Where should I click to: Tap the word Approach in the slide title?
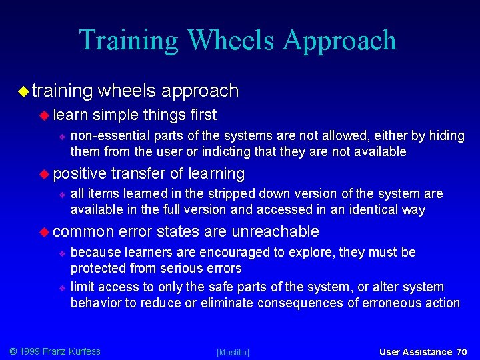tap(339, 41)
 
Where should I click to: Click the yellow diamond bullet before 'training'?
tap(23, 91)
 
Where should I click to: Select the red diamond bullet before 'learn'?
tap(45, 115)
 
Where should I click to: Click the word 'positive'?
tap(79, 173)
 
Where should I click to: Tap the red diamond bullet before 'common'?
tap(45, 231)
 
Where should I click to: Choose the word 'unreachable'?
tap(275, 231)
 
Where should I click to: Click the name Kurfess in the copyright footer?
tap(81, 351)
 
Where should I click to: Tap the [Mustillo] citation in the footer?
tap(233, 352)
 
